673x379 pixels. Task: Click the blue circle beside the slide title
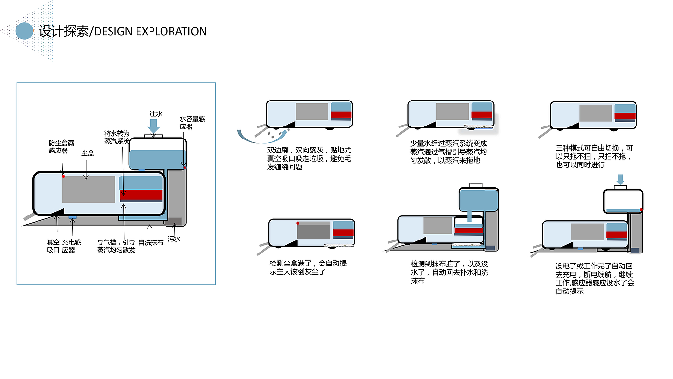click(x=25, y=31)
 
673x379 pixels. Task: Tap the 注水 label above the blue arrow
click(x=156, y=114)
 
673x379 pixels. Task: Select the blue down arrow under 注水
click(x=154, y=126)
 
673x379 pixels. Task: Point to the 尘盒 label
click(x=87, y=153)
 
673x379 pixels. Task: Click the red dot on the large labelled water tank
click(x=184, y=168)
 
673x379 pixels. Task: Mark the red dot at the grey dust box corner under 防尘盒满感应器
click(x=63, y=177)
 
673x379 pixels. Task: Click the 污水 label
click(x=174, y=239)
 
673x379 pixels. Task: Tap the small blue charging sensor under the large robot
click(x=73, y=217)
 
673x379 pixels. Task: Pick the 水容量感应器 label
click(x=192, y=123)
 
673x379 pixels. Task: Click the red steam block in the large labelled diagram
click(x=141, y=195)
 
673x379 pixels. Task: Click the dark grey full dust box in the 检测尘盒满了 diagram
click(x=313, y=231)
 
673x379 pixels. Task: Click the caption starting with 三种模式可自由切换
click(x=594, y=156)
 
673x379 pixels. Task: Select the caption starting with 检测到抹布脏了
click(x=449, y=272)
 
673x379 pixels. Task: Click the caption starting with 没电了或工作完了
click(x=594, y=278)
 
